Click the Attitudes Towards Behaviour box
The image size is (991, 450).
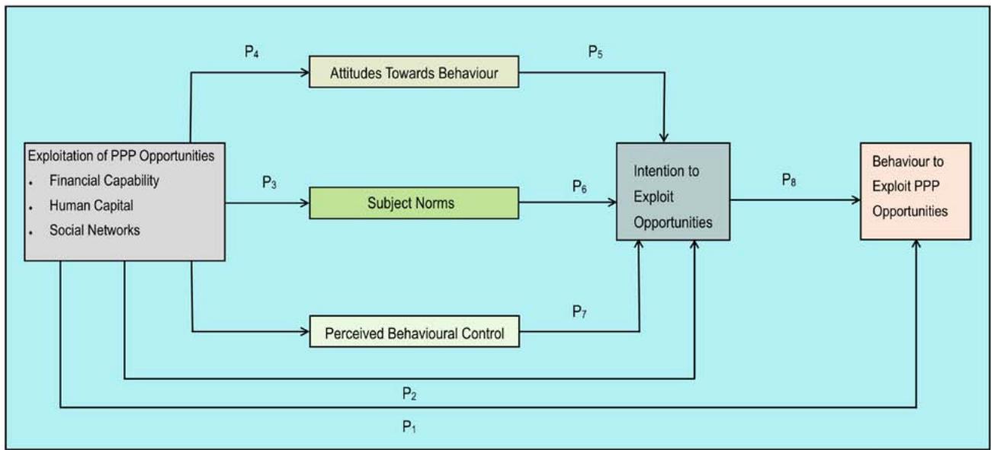tap(414, 73)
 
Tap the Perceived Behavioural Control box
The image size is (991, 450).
tap(414, 334)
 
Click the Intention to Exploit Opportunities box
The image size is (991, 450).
tap(672, 192)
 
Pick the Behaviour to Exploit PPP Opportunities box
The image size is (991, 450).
tap(916, 190)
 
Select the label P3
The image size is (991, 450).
tap(268, 183)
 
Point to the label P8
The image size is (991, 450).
tap(791, 180)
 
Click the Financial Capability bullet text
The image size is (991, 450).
tap(104, 181)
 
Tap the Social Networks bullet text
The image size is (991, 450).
tap(95, 230)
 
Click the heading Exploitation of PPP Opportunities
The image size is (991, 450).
tap(121, 156)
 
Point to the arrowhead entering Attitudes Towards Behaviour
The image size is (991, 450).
tap(305, 73)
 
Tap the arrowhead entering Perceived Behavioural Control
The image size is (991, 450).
tap(305, 332)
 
